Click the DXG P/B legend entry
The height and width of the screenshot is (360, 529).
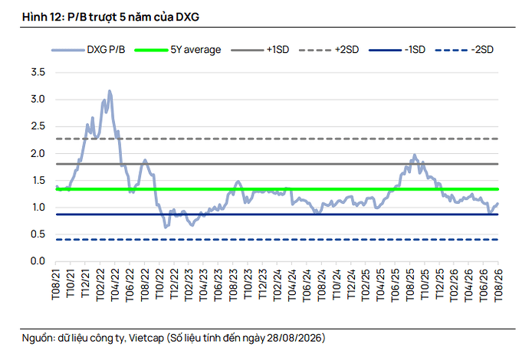tap(88, 50)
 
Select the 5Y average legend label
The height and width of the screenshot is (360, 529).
tap(195, 50)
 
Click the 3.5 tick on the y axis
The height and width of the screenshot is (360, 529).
tap(38, 72)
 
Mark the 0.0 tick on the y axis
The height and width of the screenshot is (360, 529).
tap(38, 261)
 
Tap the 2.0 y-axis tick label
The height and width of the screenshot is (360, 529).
tap(38, 153)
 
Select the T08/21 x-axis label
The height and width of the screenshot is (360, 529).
tap(56, 284)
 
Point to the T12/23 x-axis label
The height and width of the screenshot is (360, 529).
tap(262, 284)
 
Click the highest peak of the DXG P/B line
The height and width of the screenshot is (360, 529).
tap(110, 90)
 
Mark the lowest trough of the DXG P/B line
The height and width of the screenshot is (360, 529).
tap(166, 227)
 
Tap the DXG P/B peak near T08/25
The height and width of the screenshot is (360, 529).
tap(415, 155)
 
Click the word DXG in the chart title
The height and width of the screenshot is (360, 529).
tap(188, 17)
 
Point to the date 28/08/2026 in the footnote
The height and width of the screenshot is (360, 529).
tap(294, 338)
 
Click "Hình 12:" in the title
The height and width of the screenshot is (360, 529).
tap(43, 17)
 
